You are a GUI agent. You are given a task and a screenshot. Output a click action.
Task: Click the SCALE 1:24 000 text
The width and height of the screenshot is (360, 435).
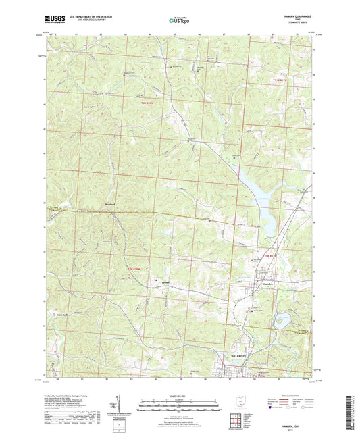tap(180, 395)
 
